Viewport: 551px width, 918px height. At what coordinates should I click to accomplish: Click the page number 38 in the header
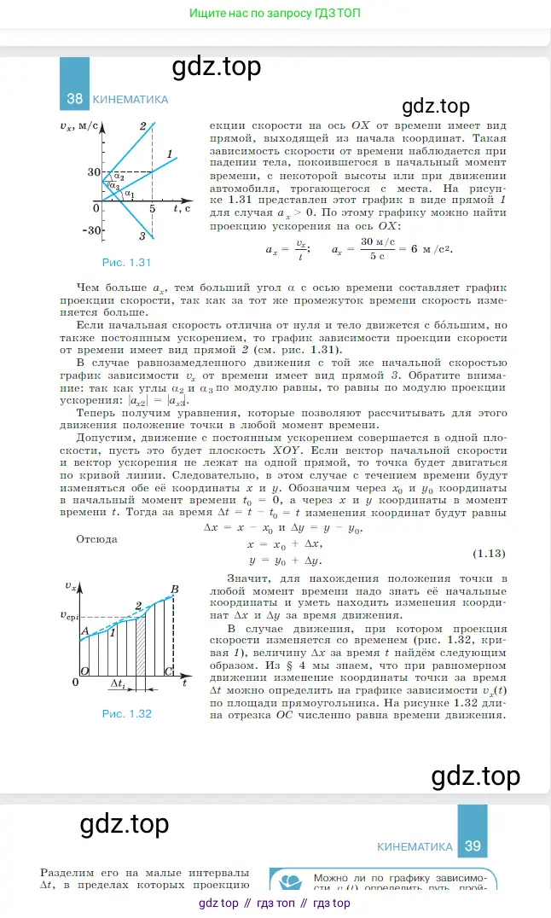(74, 99)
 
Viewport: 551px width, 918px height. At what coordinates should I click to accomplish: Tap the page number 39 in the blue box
(473, 846)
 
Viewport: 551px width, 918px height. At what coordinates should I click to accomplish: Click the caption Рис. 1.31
(126, 262)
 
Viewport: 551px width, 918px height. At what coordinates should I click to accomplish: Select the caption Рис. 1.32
(126, 713)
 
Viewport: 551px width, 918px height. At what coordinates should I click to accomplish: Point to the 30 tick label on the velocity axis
(93, 171)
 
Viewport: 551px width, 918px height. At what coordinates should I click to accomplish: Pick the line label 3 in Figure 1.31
(142, 236)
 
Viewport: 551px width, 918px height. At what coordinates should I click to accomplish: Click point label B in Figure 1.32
(174, 589)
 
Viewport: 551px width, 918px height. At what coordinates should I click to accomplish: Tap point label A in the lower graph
(84, 630)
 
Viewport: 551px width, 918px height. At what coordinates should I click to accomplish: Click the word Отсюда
(96, 538)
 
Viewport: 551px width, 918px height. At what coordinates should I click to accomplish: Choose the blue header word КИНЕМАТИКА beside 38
(130, 99)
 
